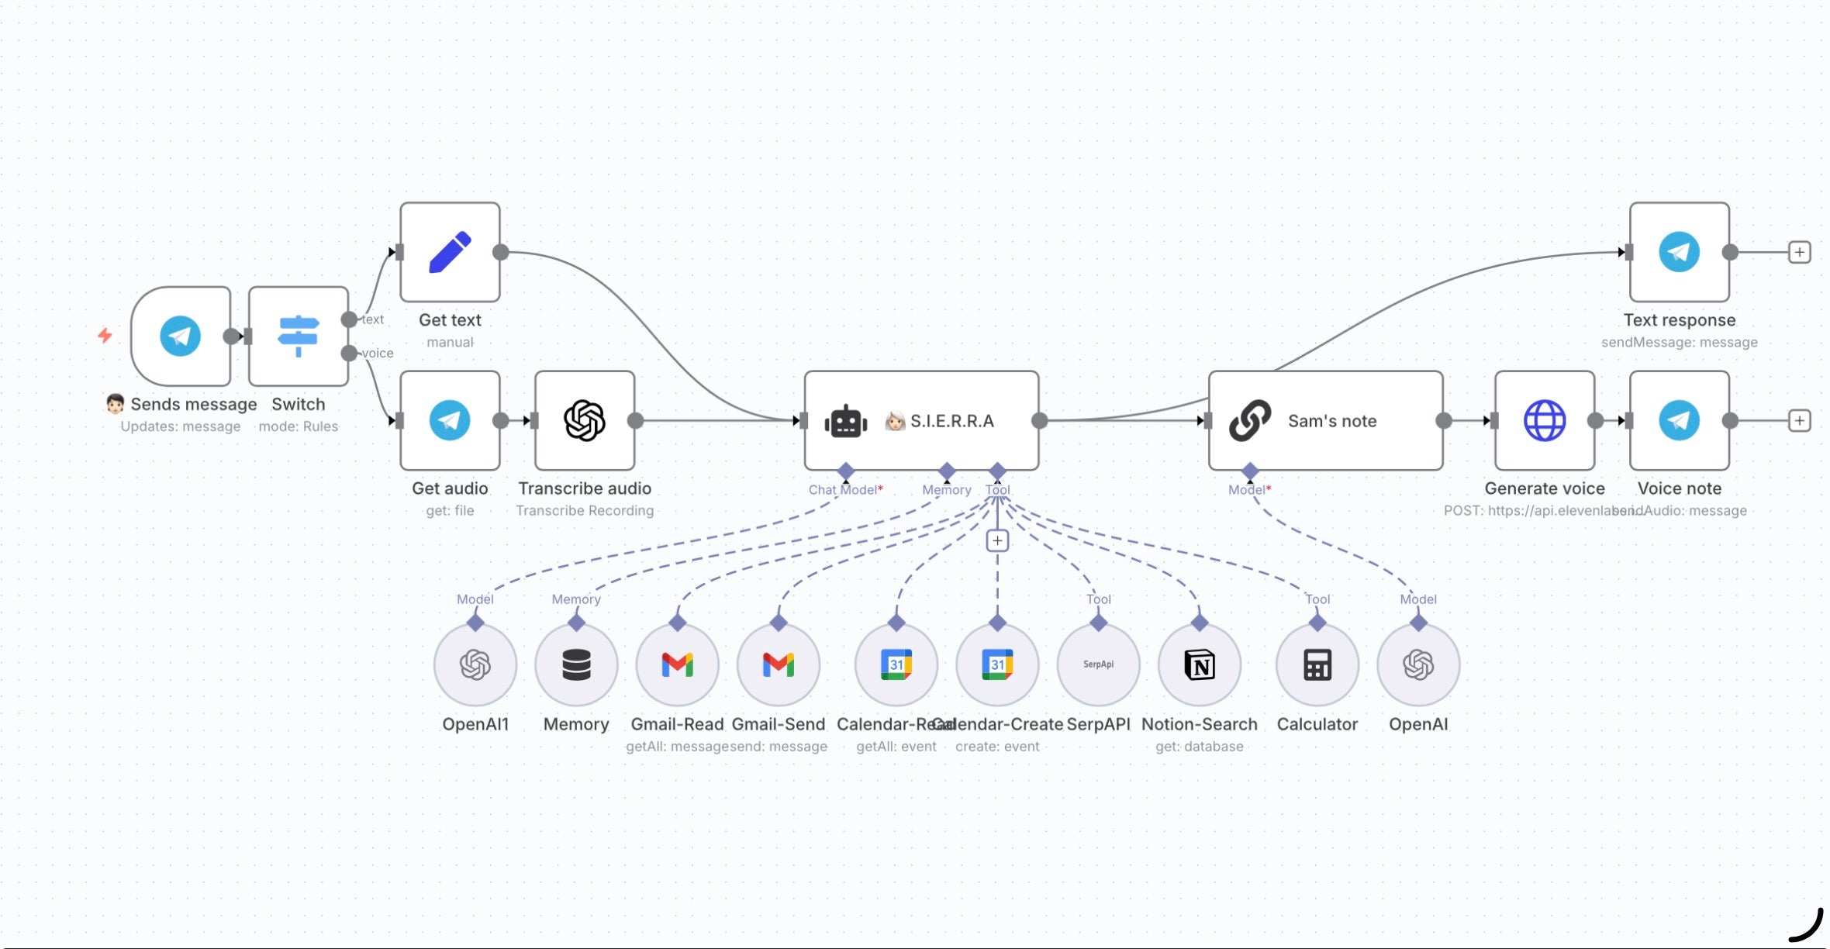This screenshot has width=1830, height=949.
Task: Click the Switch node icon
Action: (298, 336)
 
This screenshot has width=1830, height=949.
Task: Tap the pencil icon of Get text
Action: (450, 252)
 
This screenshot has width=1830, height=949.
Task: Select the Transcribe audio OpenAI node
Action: (585, 420)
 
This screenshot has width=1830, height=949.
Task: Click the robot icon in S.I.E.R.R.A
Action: (845, 421)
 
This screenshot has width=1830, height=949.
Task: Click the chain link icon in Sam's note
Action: (1250, 420)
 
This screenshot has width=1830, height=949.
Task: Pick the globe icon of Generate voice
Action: (1545, 420)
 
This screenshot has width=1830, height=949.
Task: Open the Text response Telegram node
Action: (1679, 252)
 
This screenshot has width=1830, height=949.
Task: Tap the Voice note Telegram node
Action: (1679, 420)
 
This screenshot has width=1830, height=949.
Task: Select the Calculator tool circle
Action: (1317, 664)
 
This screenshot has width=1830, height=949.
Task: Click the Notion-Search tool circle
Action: (1200, 664)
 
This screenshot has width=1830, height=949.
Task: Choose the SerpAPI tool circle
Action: (1098, 664)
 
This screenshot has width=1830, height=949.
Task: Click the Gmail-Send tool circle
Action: (779, 664)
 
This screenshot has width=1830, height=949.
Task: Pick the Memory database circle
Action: (576, 664)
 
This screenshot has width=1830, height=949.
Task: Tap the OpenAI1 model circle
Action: (475, 664)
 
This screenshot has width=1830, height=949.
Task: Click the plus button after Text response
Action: (1800, 252)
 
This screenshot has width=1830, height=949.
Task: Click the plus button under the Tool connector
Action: (997, 540)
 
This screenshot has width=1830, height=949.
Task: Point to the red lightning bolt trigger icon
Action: (105, 335)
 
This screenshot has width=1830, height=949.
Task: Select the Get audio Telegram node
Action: (450, 420)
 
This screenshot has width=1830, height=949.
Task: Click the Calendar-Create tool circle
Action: (997, 664)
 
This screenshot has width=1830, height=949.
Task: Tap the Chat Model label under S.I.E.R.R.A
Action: (844, 490)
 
